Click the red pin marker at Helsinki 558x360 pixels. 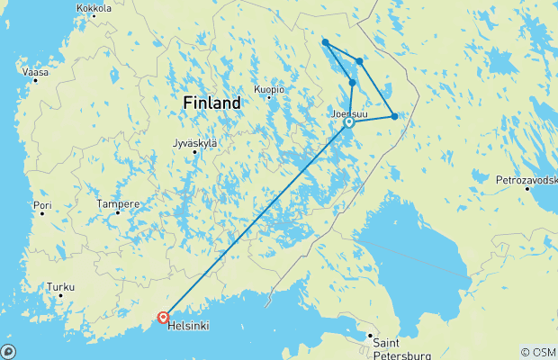coord(163,317)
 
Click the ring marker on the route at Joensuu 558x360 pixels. coord(349,123)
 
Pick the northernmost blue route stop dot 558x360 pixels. coord(325,42)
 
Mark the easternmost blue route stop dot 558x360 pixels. coord(394,116)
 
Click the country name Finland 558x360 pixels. coord(211,103)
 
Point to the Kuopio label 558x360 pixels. coord(269,89)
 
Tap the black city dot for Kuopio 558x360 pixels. coord(269,97)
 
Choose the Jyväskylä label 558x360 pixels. coord(193,143)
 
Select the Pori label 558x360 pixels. coord(42,206)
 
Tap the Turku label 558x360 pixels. coord(60,288)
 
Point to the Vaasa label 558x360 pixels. coord(36,71)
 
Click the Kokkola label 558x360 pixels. coord(94,8)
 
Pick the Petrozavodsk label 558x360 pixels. coord(526,180)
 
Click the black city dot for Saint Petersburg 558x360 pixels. coord(369,337)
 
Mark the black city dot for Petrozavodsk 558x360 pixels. coord(526,189)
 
